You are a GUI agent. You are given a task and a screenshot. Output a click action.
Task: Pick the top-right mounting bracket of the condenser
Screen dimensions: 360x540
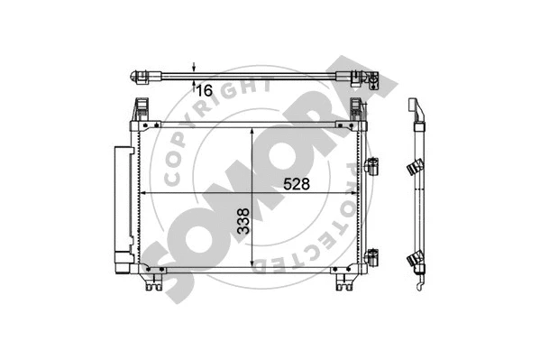tap(359, 111)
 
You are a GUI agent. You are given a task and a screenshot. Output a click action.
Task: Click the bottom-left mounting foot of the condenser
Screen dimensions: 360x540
tap(151, 283)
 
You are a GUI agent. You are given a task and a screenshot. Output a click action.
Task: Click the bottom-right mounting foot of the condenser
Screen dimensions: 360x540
tap(345, 283)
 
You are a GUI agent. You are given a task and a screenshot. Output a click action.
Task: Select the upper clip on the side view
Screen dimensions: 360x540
tap(416, 167)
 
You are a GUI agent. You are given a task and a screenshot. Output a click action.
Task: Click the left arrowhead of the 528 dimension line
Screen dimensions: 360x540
tap(144, 192)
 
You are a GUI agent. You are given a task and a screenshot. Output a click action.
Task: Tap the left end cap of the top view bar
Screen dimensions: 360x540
tap(140, 75)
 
